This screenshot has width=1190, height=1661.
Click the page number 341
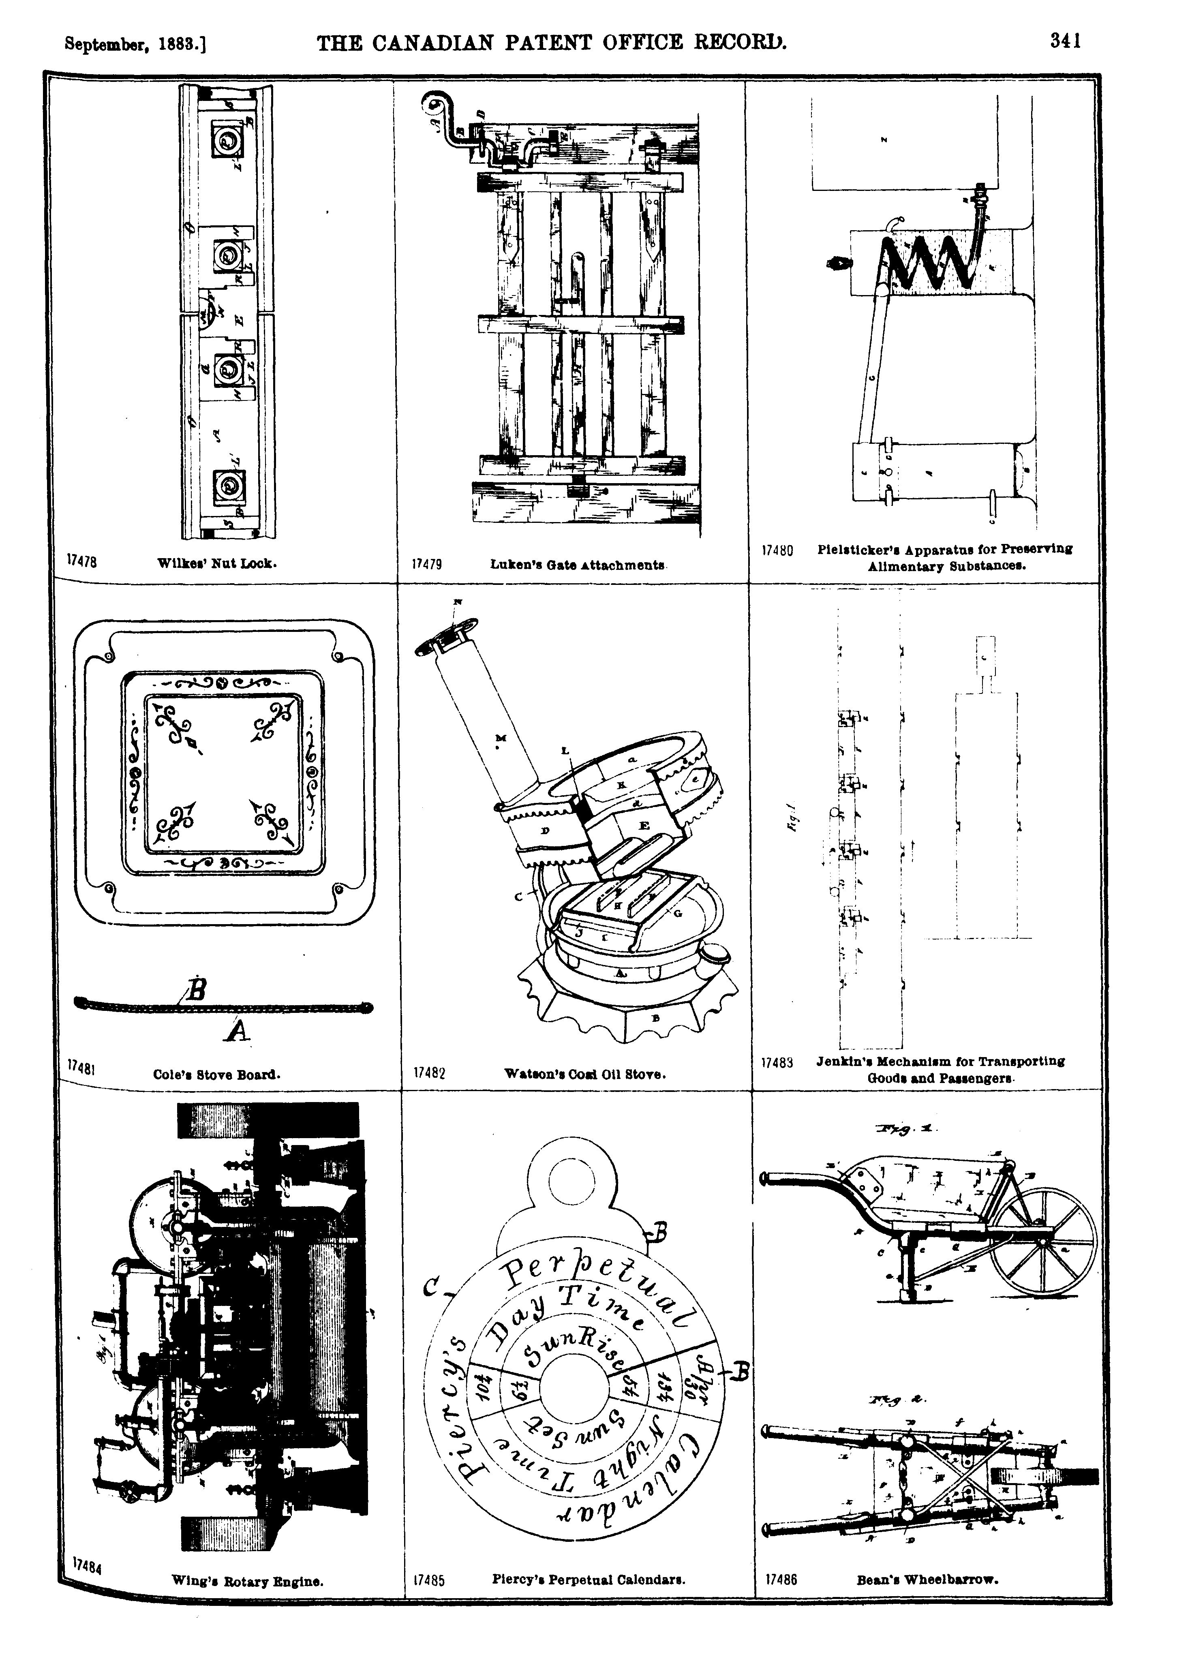point(1065,42)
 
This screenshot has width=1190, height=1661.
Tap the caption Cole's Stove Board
point(217,1075)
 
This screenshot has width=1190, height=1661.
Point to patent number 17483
point(777,1063)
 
